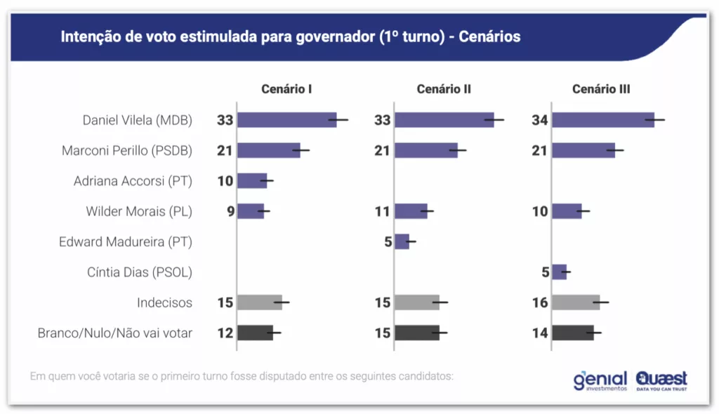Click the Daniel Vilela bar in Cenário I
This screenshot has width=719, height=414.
[286, 120]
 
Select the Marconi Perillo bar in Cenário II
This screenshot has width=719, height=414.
[426, 150]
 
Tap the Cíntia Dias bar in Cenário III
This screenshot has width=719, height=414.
[559, 272]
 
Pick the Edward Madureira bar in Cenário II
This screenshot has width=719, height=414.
[402, 241]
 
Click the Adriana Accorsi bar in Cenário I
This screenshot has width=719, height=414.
[252, 180]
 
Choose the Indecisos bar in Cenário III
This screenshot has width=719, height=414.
[576, 302]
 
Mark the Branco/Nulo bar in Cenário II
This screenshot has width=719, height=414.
[417, 333]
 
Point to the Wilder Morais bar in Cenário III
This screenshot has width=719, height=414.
[567, 211]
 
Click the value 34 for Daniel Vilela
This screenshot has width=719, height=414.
[540, 120]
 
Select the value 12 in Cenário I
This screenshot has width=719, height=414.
[225, 333]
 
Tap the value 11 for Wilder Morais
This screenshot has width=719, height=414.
[382, 211]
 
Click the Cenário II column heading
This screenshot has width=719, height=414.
[444, 89]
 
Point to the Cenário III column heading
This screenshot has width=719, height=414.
[601, 89]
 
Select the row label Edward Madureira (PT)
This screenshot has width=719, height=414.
[126, 241]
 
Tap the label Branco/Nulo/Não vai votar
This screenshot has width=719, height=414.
[115, 333]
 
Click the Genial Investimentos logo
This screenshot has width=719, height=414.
[600, 380]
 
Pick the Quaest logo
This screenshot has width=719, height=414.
[661, 380]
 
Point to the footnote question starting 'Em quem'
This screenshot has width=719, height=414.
[242, 375]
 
